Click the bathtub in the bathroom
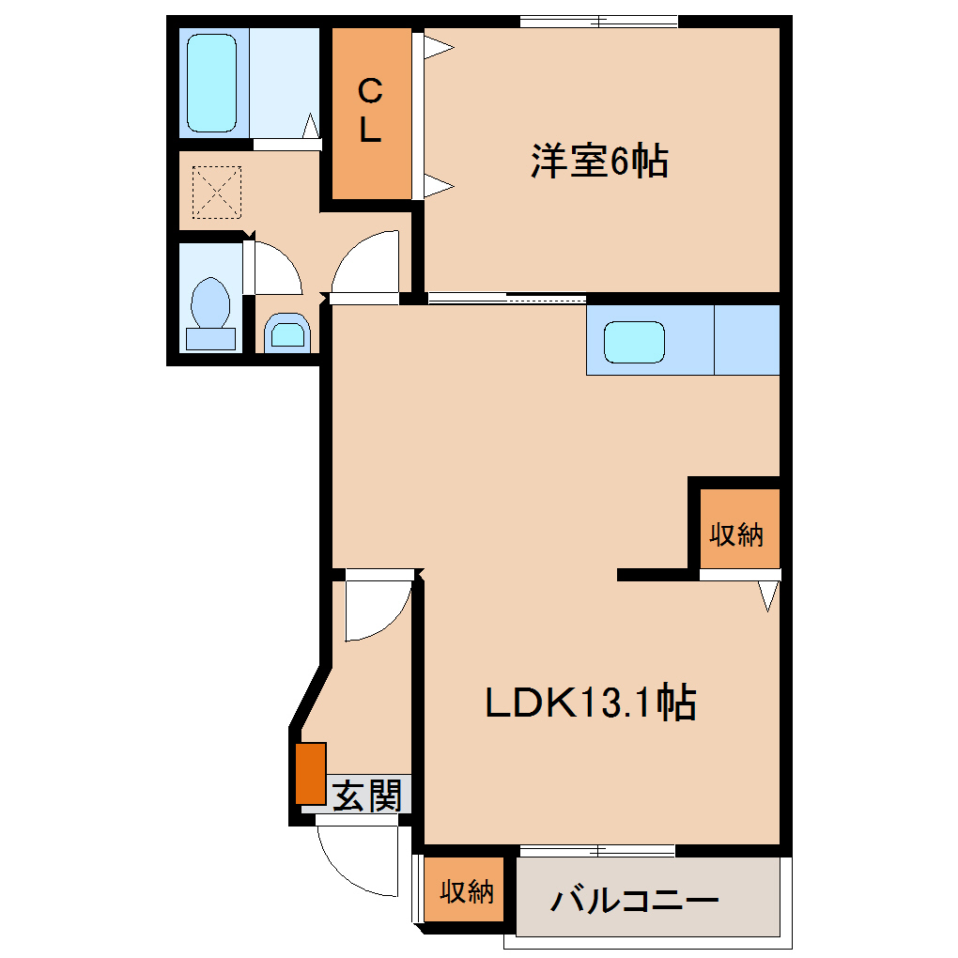pyautogui.click(x=211, y=83)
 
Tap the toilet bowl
pyautogui.click(x=210, y=303)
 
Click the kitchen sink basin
pyautogui.click(x=634, y=342)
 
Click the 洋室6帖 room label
pyautogui.click(x=599, y=162)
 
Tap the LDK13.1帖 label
pyautogui.click(x=590, y=703)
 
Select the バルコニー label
pyautogui.click(x=635, y=902)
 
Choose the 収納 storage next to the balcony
pyautogui.click(x=467, y=890)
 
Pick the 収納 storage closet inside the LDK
pyautogui.click(x=737, y=534)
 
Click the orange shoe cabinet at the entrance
pyautogui.click(x=311, y=773)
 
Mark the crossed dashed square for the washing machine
pyautogui.click(x=217, y=191)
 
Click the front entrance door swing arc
pyautogui.click(x=352, y=859)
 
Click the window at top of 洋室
pyautogui.click(x=598, y=21)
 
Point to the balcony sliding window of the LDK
pyautogui.click(x=597, y=851)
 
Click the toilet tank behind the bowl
pyautogui.click(x=210, y=338)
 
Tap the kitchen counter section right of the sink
pyautogui.click(x=747, y=340)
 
